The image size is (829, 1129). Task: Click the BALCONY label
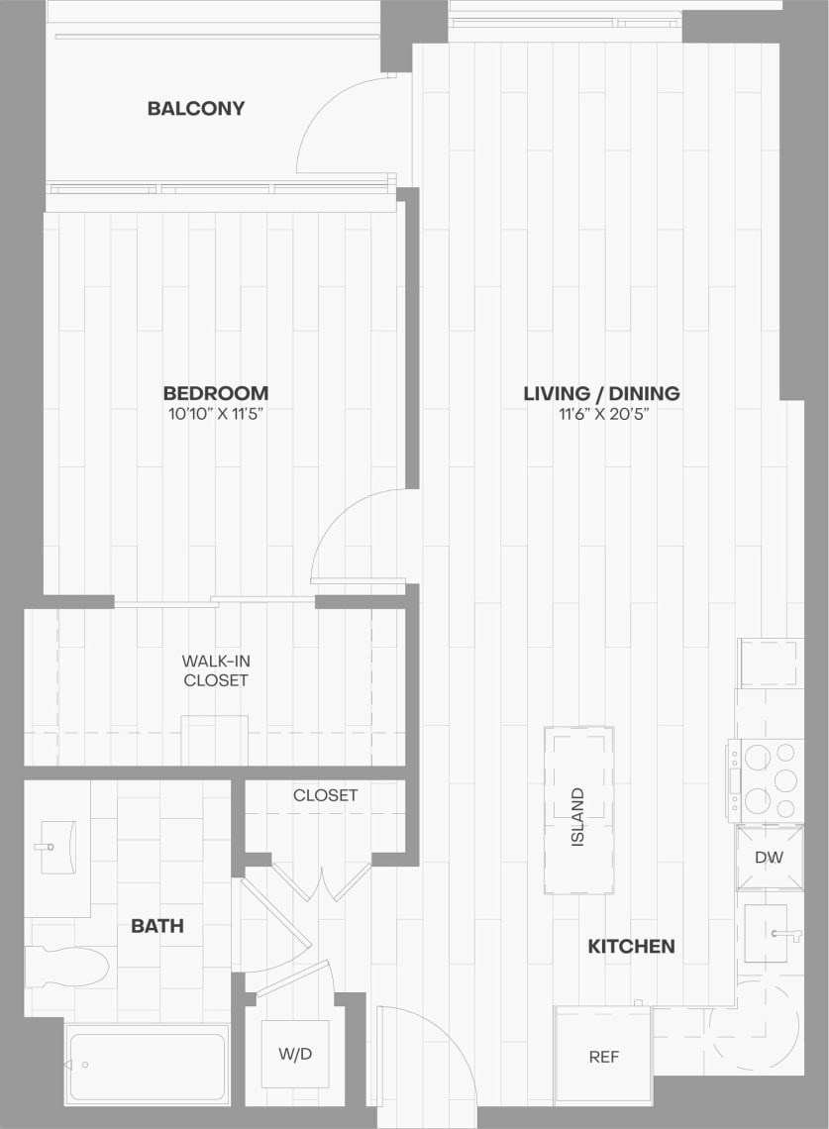pyautogui.click(x=195, y=108)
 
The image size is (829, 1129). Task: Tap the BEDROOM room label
pyautogui.click(x=216, y=393)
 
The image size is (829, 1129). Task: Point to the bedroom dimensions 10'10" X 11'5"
pyautogui.click(x=216, y=414)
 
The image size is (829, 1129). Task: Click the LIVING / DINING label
pyautogui.click(x=601, y=393)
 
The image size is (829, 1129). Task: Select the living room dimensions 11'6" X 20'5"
pyautogui.click(x=601, y=414)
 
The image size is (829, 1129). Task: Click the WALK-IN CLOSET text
pyautogui.click(x=215, y=670)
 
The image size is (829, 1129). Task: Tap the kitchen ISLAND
pyautogui.click(x=578, y=810)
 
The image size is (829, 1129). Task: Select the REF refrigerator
pyautogui.click(x=603, y=1057)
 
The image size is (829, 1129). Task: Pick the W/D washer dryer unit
pyautogui.click(x=294, y=1054)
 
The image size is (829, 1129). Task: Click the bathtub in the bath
pyautogui.click(x=148, y=1065)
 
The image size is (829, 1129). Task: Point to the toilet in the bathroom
pyautogui.click(x=67, y=967)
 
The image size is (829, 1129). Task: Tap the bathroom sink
pyautogui.click(x=57, y=847)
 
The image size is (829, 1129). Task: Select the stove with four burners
pyautogui.click(x=769, y=779)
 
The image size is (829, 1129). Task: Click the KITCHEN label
pyautogui.click(x=631, y=947)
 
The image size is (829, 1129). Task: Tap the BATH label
pyautogui.click(x=157, y=927)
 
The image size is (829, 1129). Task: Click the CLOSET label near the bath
pyautogui.click(x=325, y=795)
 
